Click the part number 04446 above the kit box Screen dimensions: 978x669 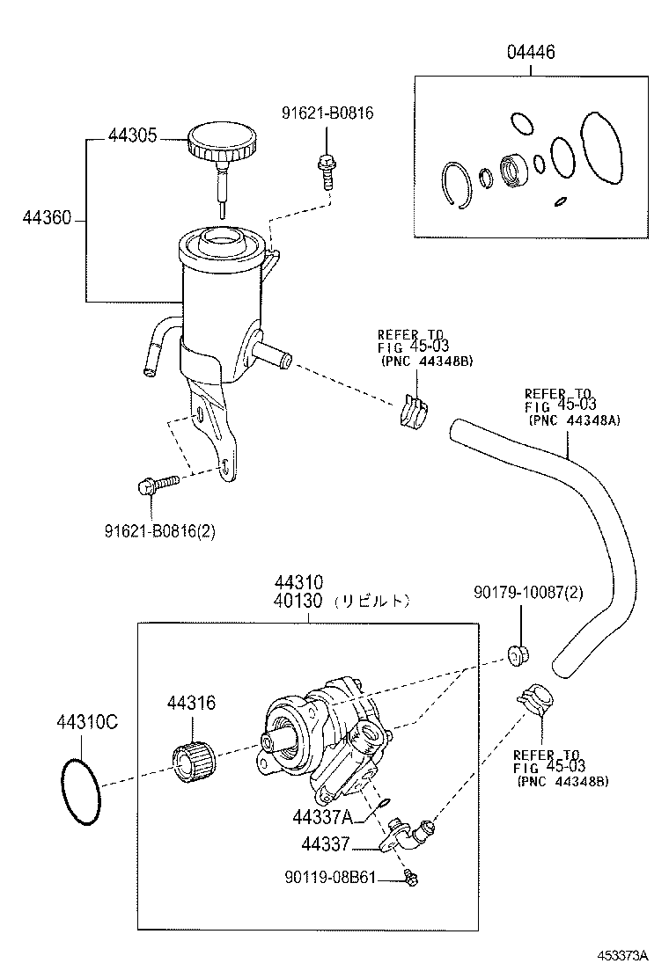[x=530, y=53]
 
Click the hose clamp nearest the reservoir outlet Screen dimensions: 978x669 [x=413, y=412]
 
